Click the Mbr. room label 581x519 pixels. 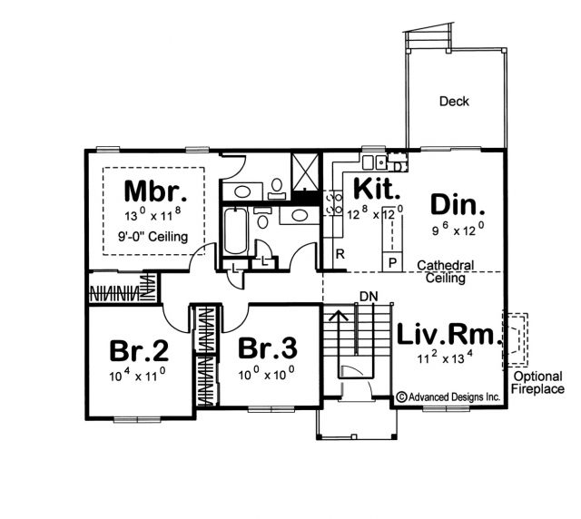point(155,191)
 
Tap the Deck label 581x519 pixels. point(454,101)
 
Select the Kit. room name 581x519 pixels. point(378,189)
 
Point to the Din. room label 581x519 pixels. point(458,205)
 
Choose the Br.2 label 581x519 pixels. point(139,350)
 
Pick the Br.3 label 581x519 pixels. point(268,348)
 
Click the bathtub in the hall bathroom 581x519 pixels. point(236,231)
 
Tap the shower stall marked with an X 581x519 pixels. point(305,171)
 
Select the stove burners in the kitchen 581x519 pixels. point(334,203)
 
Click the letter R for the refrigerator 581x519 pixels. point(340,254)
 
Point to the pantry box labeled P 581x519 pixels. point(392,262)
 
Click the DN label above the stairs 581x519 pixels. point(369,297)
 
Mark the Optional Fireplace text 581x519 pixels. point(537,383)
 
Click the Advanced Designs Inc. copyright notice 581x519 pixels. point(448,397)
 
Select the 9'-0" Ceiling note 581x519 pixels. point(153,236)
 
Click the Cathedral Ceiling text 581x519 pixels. point(446,271)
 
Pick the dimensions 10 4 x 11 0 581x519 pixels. point(137,376)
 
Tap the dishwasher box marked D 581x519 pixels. point(398,166)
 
